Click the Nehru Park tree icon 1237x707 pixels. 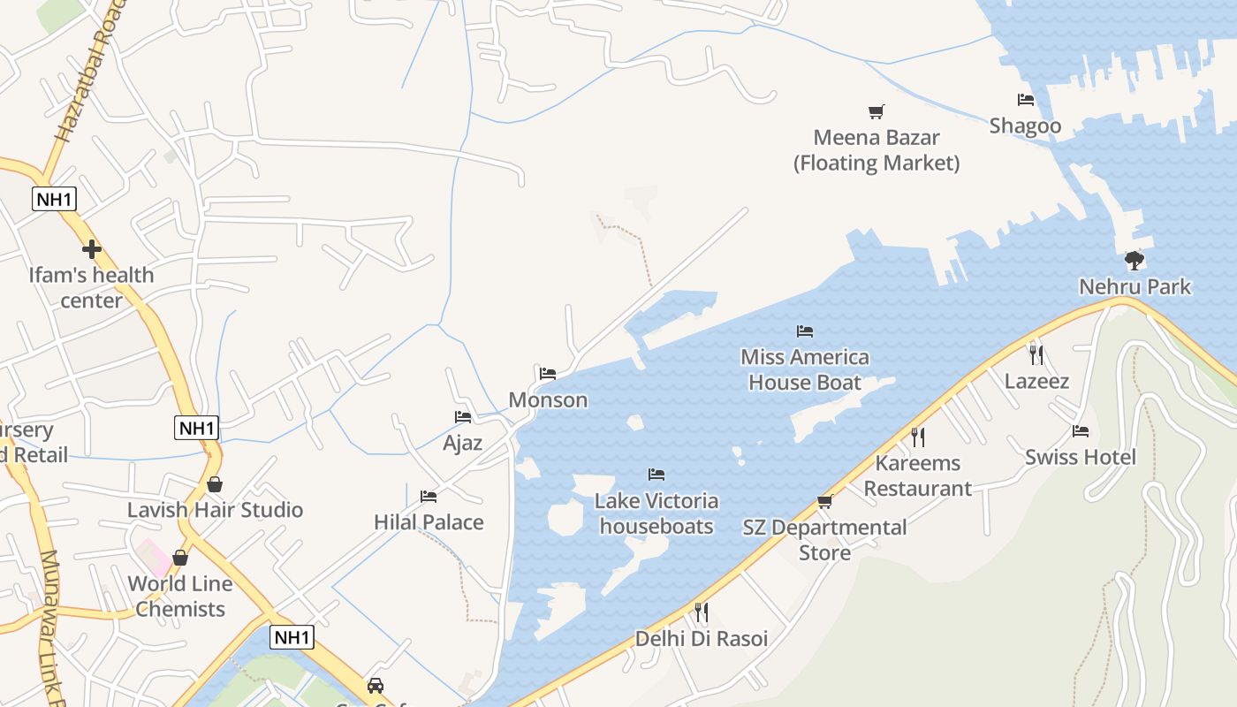point(1135,261)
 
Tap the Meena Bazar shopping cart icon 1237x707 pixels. point(876,111)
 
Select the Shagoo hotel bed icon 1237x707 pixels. point(1025,100)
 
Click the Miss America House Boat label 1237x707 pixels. point(804,369)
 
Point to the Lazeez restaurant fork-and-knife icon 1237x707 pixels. point(1036,355)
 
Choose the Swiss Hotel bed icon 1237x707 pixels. point(1080,431)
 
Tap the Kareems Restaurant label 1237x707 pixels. point(917,475)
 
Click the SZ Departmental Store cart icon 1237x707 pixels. point(824,501)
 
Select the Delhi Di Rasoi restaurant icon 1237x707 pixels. point(701,612)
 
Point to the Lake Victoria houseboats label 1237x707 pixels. point(656,513)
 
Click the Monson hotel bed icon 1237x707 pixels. point(548,374)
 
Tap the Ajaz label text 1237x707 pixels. point(462,442)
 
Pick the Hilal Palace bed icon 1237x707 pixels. point(429,497)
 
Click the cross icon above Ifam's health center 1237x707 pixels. point(91,249)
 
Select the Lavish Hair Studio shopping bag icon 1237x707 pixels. point(214,484)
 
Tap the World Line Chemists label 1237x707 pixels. point(180,596)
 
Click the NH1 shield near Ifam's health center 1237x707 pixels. point(54,199)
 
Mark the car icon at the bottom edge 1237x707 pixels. point(376,686)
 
